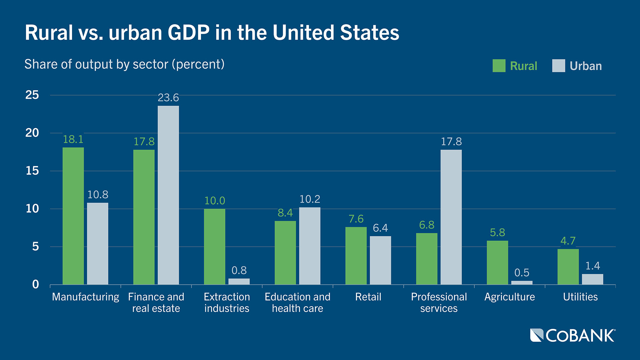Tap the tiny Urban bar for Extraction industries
[x=239, y=282]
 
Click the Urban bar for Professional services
[x=451, y=217]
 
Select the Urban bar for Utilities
[x=592, y=279]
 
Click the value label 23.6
[x=168, y=98]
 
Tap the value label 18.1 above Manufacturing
[x=73, y=139]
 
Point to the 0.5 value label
[x=522, y=273]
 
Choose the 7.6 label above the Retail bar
[x=356, y=219]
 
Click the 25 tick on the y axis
[x=32, y=95]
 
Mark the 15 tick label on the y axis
[x=32, y=171]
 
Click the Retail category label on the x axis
[x=368, y=297]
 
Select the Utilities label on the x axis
[x=580, y=297]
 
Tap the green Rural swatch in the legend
[x=499, y=66]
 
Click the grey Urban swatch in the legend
[x=558, y=66]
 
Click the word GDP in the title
[x=188, y=33]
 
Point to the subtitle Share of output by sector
[x=124, y=64]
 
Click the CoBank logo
[x=573, y=335]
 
